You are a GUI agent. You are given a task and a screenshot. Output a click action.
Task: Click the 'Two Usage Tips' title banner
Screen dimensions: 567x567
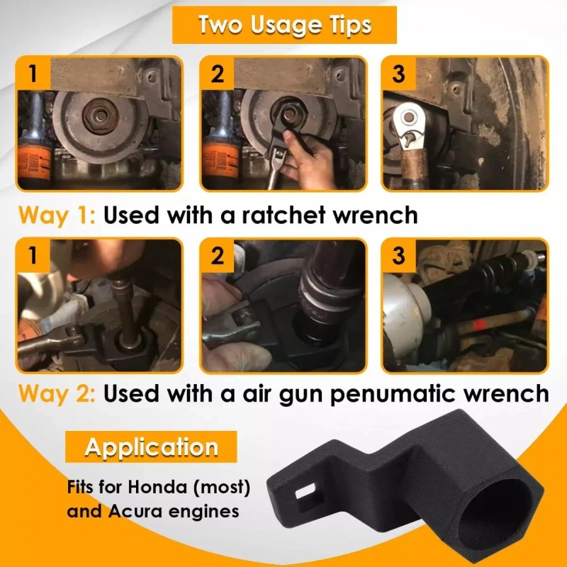click(284, 25)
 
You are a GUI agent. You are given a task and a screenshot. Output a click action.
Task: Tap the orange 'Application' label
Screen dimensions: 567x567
click(151, 447)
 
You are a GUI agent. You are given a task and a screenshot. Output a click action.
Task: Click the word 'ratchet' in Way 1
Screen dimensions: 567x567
click(283, 215)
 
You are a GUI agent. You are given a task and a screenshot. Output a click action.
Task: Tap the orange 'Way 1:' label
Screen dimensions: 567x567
click(57, 215)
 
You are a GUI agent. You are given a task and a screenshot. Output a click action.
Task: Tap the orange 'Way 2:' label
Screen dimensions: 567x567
click(57, 394)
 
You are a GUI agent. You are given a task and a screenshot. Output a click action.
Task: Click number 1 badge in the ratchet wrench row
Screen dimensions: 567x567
click(33, 74)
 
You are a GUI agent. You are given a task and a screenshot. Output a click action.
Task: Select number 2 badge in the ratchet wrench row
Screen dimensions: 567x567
click(217, 74)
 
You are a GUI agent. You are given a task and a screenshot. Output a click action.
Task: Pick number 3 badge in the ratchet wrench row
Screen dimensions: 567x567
click(398, 74)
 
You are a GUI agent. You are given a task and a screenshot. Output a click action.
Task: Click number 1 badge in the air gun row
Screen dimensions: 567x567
click(33, 256)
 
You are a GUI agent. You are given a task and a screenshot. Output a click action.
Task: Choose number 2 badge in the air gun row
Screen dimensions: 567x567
click(217, 256)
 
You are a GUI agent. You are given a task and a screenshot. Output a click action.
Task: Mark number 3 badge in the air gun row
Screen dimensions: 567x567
click(398, 256)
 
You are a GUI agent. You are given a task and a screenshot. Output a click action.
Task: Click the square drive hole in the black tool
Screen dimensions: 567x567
click(305, 494)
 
